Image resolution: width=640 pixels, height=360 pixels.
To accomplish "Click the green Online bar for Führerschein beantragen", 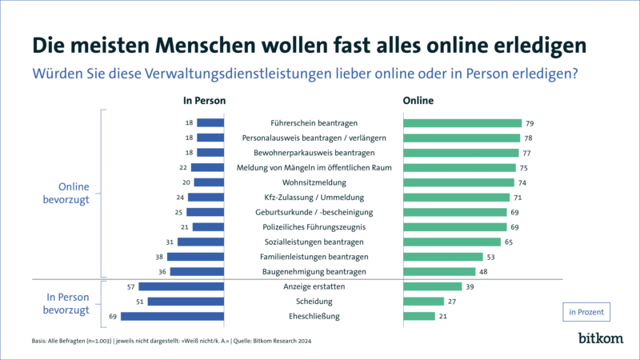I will (462, 123).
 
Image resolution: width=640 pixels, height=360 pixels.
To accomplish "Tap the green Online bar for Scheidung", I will (423, 302).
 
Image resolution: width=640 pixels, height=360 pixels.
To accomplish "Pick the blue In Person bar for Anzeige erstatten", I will (181, 286).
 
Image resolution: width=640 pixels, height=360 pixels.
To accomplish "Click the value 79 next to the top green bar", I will (530, 123).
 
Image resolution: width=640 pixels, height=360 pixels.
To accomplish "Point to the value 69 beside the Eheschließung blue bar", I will (113, 317).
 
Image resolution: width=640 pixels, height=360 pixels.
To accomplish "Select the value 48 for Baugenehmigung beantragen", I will (484, 272).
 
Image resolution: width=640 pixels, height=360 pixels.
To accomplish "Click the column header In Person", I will (204, 102).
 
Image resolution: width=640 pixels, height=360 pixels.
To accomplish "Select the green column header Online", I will (418, 102).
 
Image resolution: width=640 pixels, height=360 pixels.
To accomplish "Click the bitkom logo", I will (600, 339).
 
